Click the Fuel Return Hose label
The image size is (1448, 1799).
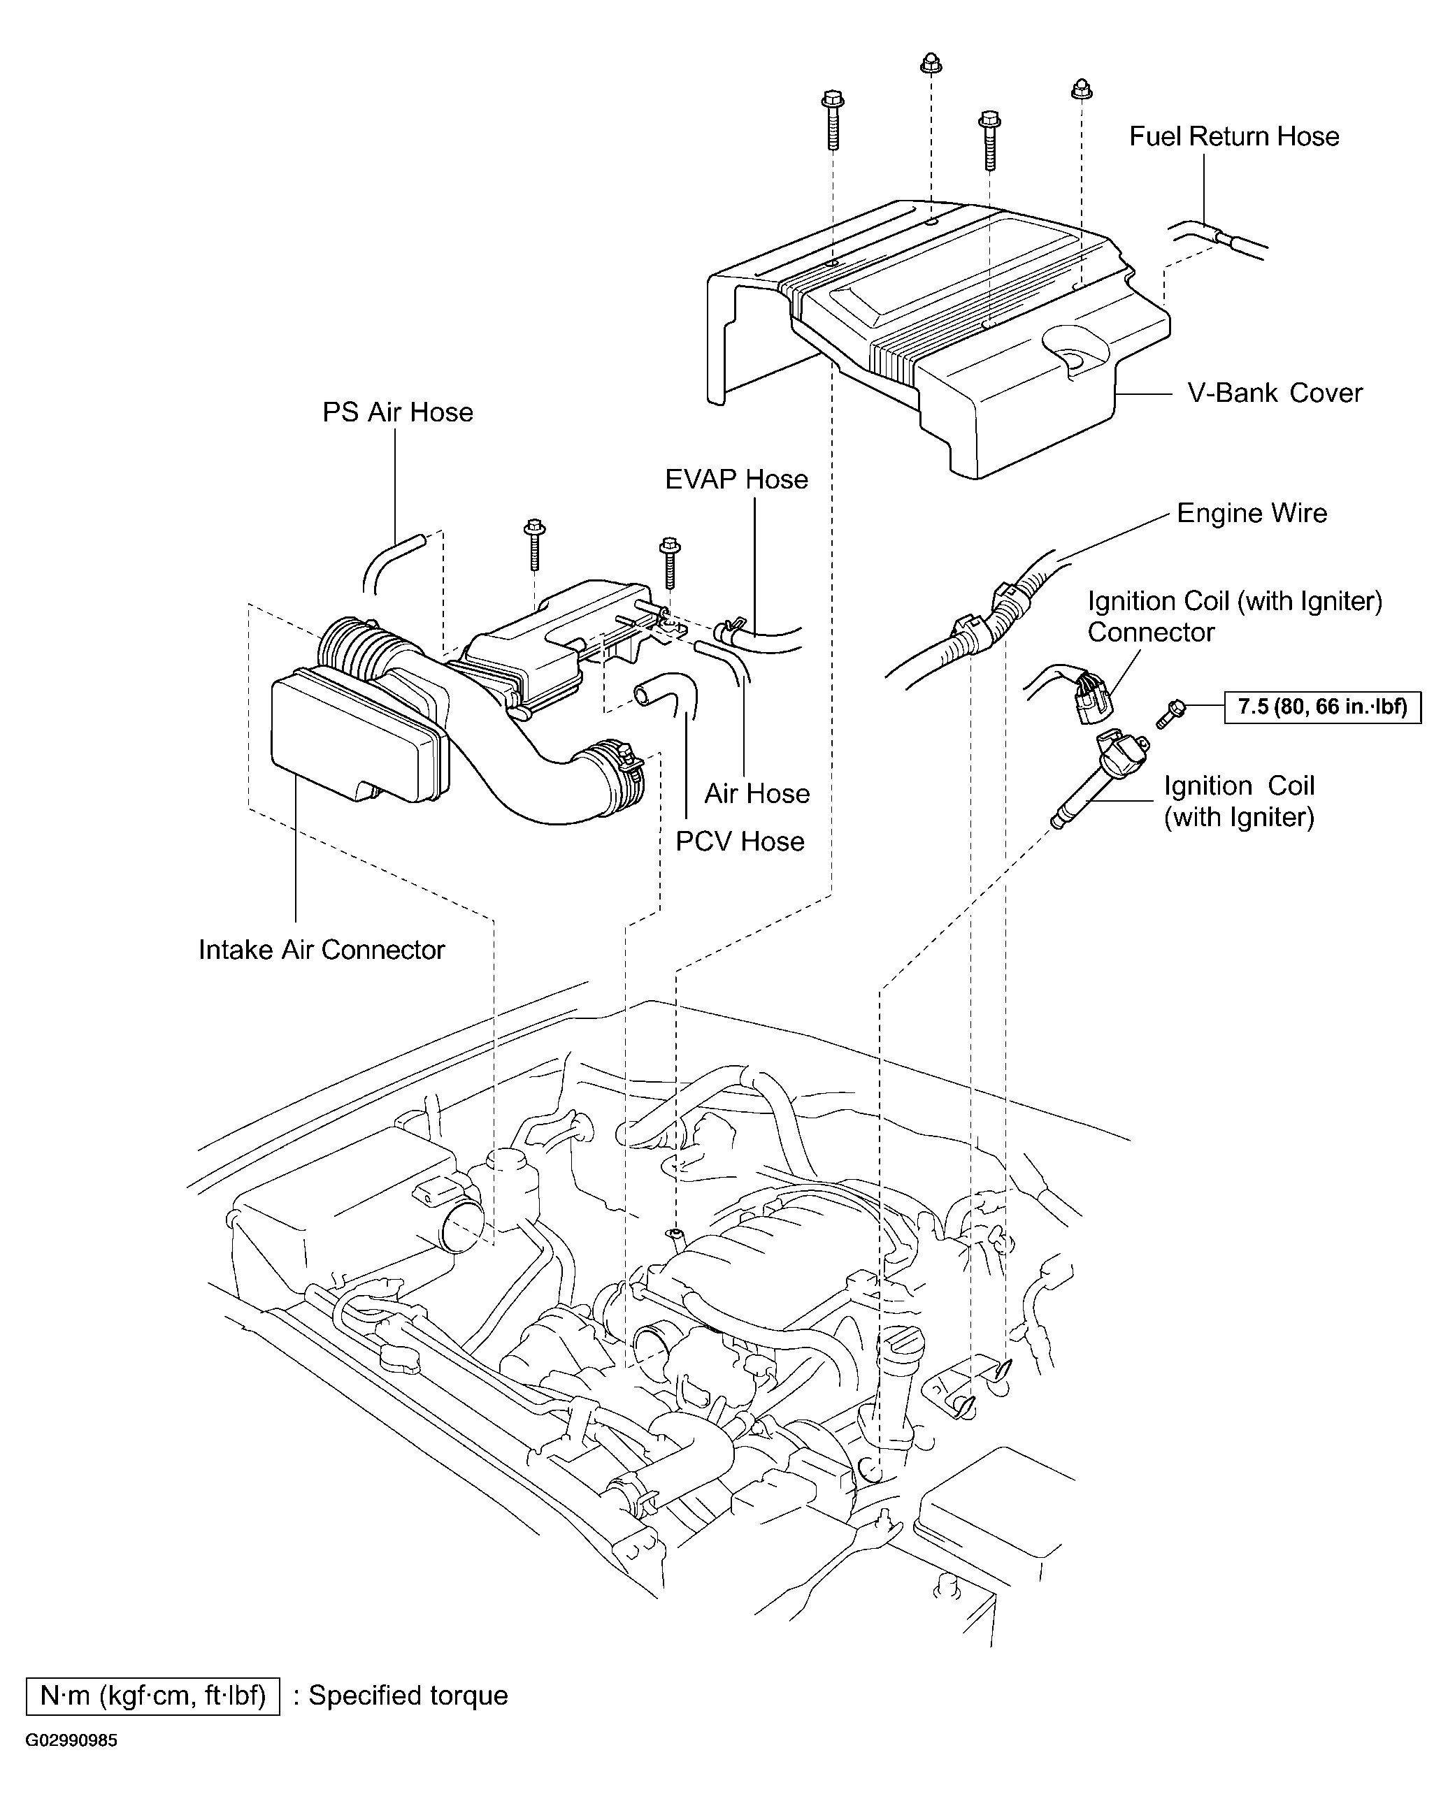click(x=1233, y=137)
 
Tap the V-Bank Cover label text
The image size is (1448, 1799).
click(x=1275, y=393)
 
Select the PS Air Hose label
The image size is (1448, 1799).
click(x=397, y=412)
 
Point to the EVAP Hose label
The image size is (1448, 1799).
click(x=736, y=479)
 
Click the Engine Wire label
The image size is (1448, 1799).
click(x=1251, y=513)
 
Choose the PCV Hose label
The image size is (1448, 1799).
click(x=740, y=841)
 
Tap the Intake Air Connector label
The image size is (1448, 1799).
click(x=322, y=950)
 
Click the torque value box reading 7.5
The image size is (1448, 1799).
click(x=1322, y=707)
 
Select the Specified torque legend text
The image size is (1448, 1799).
click(x=408, y=1696)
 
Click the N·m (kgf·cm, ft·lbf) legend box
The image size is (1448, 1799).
click(x=152, y=1696)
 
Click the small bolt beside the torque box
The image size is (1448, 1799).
click(x=1170, y=713)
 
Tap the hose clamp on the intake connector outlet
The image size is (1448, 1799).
click(x=619, y=772)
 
